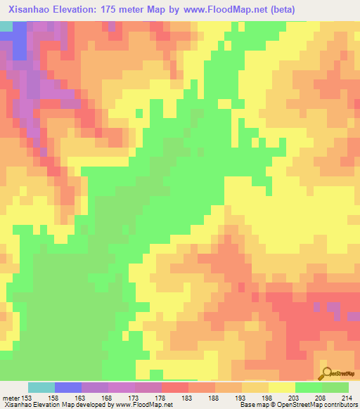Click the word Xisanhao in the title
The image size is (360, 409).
pyautogui.click(x=32, y=9)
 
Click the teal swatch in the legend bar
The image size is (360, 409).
pyautogui.click(x=41, y=387)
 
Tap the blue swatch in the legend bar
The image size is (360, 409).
pyautogui.click(x=68, y=387)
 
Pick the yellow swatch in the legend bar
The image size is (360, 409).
pyautogui.click(x=282, y=387)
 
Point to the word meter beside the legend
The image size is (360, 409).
pyautogui.click(x=11, y=399)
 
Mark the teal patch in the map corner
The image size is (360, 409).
pyautogui.click(x=6, y=25)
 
